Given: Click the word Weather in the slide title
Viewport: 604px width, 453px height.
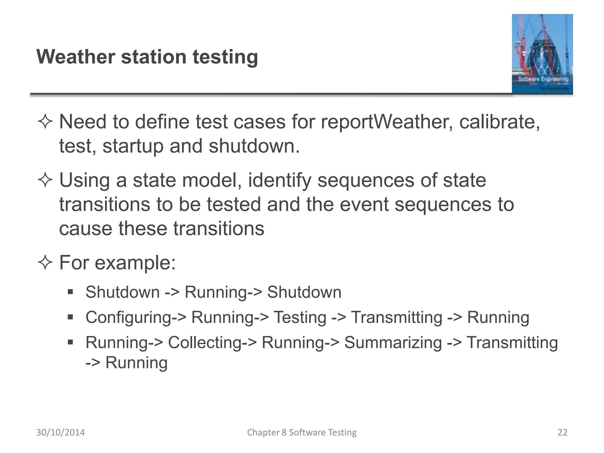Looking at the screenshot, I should point(75,57).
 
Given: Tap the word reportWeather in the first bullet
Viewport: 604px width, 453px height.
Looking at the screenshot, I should point(387,122).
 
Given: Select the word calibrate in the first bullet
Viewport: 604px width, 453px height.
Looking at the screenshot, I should point(499,122).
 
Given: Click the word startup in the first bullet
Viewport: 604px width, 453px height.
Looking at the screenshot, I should point(133,146).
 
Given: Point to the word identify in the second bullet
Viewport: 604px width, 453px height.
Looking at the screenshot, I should point(279,180).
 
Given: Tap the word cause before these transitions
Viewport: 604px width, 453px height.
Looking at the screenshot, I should point(86,229).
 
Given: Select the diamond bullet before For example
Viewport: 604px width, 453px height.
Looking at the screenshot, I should point(45,262).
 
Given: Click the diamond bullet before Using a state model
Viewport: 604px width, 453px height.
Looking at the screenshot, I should point(45,180).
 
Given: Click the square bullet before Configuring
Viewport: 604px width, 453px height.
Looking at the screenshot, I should point(70,317).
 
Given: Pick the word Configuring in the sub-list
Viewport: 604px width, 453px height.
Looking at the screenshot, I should point(129,318).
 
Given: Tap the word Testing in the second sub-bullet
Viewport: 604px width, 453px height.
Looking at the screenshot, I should point(300,318).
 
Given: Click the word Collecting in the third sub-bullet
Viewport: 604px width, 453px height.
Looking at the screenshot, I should point(205,343).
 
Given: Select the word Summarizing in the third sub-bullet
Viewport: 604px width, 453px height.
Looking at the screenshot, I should point(393,343).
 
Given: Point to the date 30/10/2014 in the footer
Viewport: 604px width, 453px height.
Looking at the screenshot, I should point(60,432).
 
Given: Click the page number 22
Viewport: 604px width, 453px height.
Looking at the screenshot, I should point(562,432).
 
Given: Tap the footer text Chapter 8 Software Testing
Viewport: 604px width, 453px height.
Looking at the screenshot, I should point(302,432).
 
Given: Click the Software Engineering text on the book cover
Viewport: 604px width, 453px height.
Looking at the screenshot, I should point(543,79).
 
